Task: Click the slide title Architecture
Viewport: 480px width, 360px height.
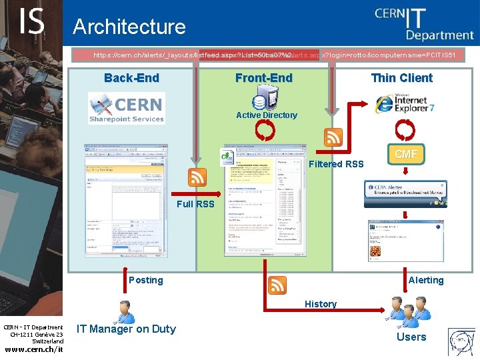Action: [129, 27]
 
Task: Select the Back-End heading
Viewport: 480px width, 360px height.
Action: [131, 78]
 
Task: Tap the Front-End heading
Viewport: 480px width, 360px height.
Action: [263, 78]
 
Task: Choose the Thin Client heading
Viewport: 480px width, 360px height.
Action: [401, 78]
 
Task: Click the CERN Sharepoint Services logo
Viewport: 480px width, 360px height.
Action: [127, 108]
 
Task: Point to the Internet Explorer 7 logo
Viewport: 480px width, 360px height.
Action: [405, 103]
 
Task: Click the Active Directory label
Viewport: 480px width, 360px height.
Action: [267, 115]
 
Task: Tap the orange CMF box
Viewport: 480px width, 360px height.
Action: [406, 155]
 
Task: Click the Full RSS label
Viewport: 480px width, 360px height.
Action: [195, 204]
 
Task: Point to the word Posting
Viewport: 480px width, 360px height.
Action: [145, 280]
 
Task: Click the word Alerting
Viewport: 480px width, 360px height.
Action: [425, 280]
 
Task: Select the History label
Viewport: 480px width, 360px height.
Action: [321, 304]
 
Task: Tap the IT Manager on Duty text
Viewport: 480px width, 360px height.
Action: [126, 329]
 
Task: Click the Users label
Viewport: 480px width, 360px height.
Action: [411, 337]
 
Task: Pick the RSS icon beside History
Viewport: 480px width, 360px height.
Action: [277, 285]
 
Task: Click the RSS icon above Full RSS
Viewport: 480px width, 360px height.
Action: [197, 177]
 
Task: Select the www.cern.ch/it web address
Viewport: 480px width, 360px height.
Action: [33, 349]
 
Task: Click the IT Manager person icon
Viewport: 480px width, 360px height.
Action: [124, 311]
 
